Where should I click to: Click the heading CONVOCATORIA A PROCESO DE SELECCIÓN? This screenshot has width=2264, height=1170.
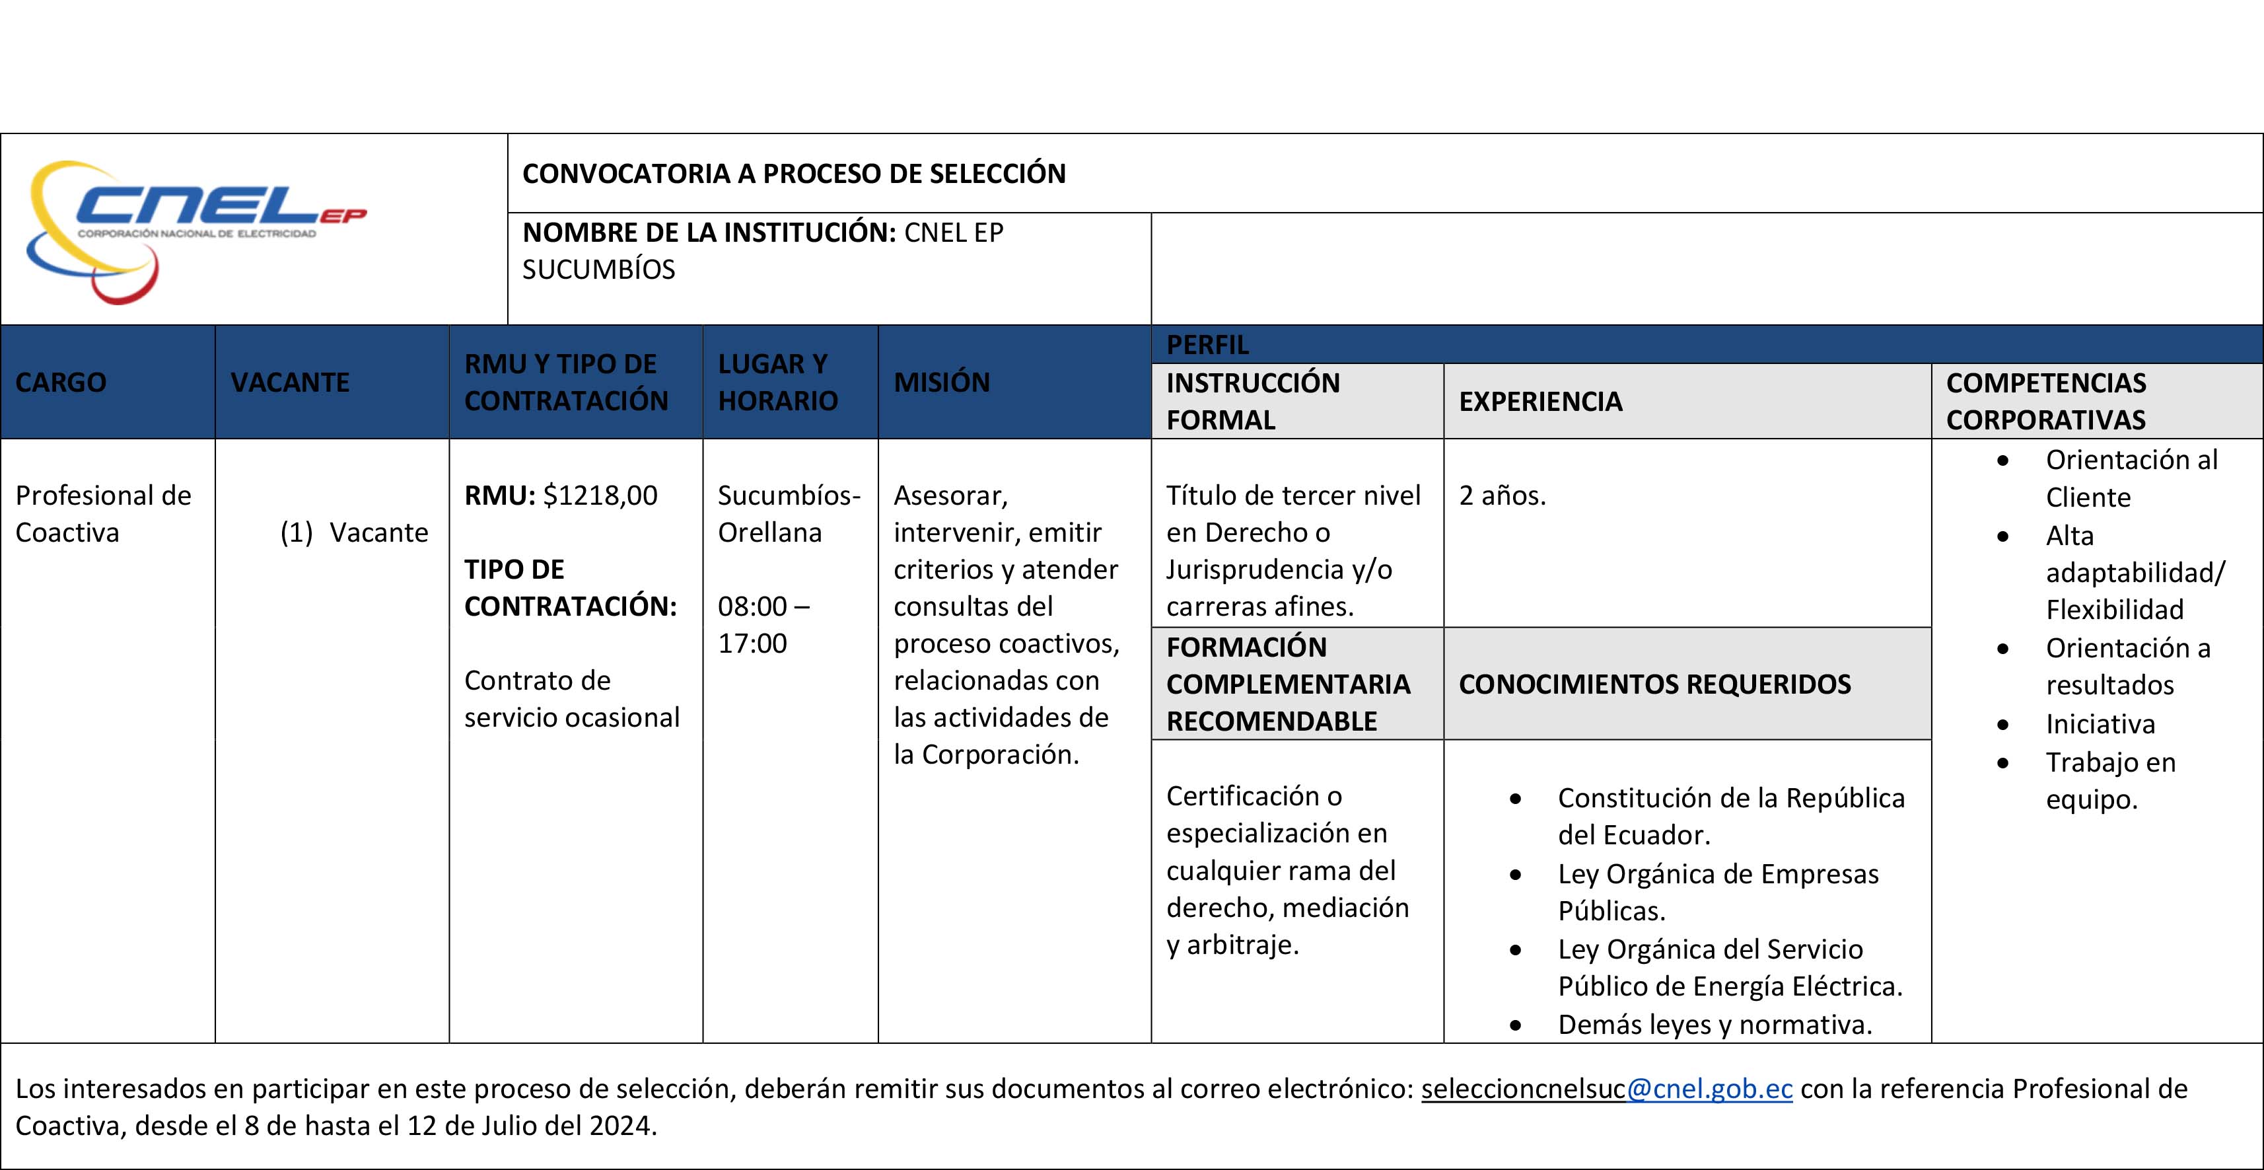[794, 173]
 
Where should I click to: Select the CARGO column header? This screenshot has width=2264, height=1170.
[61, 383]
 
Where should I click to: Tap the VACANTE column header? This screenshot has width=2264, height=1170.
[290, 383]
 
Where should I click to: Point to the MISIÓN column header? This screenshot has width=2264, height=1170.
[941, 383]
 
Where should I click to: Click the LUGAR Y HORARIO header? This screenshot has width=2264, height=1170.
[778, 383]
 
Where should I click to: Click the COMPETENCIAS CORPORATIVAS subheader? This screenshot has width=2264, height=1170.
[2045, 402]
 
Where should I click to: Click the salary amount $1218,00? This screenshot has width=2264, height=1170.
[600, 495]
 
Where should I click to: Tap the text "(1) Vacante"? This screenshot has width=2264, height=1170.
[354, 532]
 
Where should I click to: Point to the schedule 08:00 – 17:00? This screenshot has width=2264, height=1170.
[763, 625]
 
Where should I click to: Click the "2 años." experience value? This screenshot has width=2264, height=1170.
[1502, 495]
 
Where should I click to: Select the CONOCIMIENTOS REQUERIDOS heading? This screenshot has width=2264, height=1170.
[1654, 684]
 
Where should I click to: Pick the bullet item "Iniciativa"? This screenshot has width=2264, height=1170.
[2100, 724]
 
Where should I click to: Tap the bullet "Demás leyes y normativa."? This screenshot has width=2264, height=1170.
[1714, 1025]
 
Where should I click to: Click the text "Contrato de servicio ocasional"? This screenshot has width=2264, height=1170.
[571, 699]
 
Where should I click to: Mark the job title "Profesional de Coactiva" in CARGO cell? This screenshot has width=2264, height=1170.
[103, 514]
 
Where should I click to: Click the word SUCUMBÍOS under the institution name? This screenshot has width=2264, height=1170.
[598, 270]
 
